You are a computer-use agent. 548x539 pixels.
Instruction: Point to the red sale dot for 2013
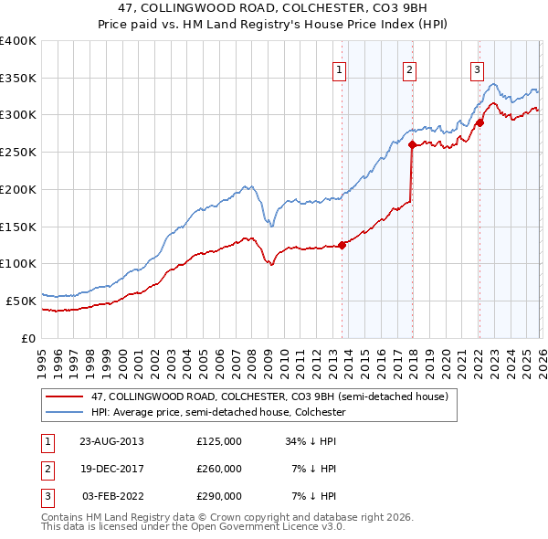(342, 245)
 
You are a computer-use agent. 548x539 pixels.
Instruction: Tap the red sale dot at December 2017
(412, 144)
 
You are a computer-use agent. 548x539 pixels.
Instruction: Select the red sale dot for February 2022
(479, 122)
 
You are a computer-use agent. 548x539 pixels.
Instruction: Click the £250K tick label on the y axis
(17, 153)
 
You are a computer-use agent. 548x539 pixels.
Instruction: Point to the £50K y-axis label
(20, 301)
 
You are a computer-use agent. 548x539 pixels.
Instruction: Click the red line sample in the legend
(66, 397)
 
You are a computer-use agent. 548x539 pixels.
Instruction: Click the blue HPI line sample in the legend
(66, 413)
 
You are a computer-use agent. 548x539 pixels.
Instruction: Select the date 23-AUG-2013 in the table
(111, 441)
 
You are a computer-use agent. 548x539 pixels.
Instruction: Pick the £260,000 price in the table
(218, 469)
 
